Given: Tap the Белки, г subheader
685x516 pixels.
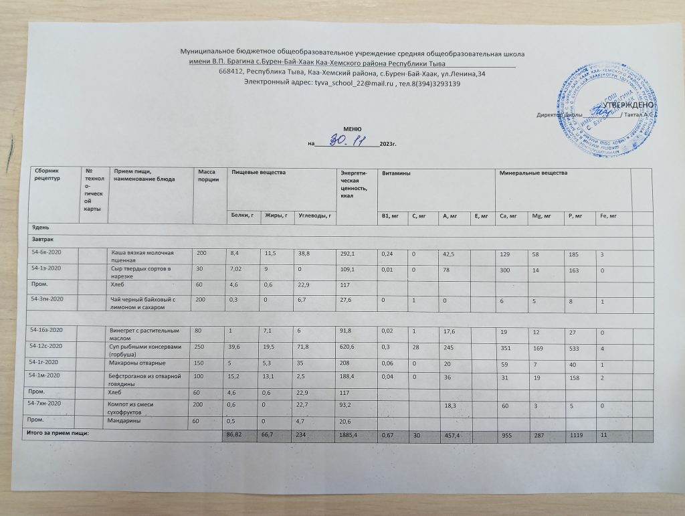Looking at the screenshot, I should tap(242, 216).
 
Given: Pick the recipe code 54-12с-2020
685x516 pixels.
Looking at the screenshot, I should tap(47, 347).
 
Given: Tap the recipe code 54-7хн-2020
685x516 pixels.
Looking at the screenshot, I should tap(47, 406).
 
